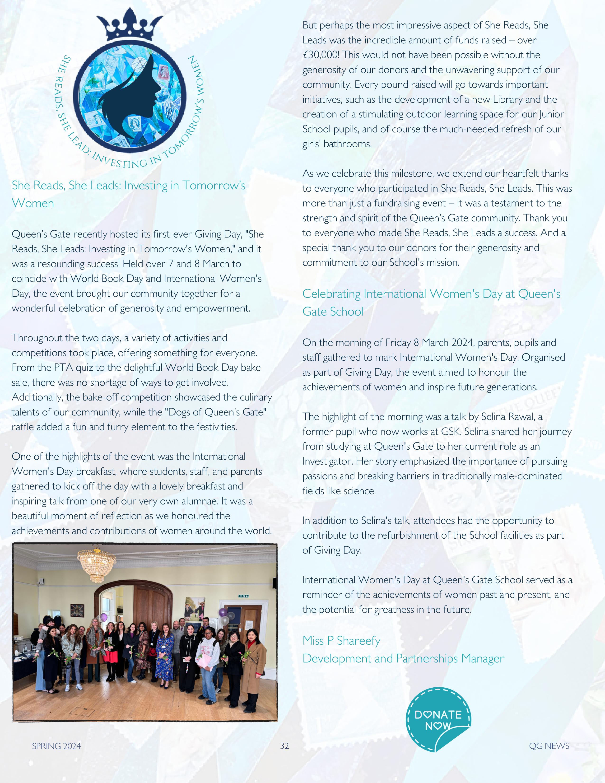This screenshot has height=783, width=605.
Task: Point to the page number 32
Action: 284,746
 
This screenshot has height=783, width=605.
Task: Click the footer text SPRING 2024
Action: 56,746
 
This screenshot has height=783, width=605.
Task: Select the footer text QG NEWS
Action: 549,746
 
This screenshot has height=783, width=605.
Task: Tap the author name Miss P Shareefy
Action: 341,640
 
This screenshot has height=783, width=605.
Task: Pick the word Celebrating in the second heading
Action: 331,294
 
